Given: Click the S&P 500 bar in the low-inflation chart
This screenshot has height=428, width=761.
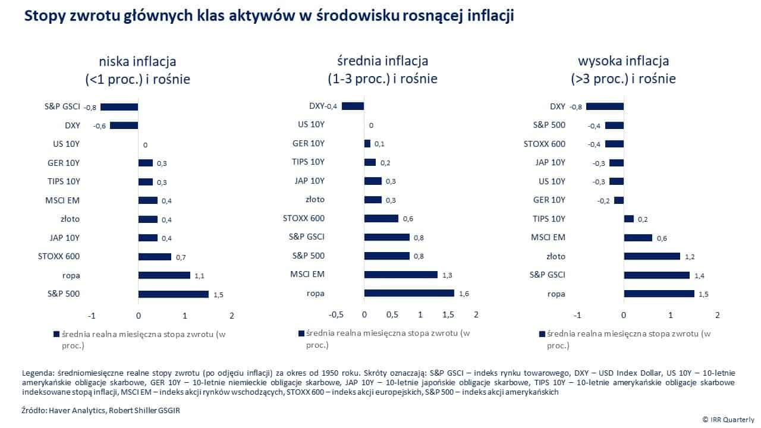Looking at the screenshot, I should point(173,294).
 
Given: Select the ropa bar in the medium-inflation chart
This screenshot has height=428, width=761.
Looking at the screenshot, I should point(409,293).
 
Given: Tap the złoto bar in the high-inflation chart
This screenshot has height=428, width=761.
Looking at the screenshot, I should point(652,256).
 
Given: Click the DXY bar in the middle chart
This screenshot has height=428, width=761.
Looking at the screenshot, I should point(353,106).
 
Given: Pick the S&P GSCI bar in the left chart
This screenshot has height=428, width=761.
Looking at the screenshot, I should point(119,107).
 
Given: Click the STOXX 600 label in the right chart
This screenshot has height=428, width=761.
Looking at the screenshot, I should point(545,144).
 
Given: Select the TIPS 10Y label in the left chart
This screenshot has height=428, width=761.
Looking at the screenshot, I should point(64,182).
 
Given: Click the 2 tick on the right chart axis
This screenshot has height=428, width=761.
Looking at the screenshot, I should point(718,315).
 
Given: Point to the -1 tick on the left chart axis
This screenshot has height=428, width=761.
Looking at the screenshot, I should point(91,315).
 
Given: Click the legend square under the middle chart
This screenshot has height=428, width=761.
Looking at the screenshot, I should point(301,333).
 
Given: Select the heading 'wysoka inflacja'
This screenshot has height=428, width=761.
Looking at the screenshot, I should point(623,61).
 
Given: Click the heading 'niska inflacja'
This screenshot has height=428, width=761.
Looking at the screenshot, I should point(138,61).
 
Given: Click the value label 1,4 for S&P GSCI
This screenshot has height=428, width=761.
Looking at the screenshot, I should point(699,275).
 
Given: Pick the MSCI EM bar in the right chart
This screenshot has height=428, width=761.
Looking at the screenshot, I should point(638,238).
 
